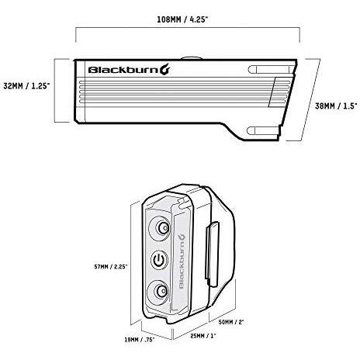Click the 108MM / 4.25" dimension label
(182, 19)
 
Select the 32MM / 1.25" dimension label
(26, 86)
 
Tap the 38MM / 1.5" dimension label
(336, 106)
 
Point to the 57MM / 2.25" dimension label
(111, 267)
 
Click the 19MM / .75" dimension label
(140, 340)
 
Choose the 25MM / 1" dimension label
(203, 336)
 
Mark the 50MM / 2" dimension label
(231, 322)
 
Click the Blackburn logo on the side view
(129, 70)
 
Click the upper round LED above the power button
(163, 228)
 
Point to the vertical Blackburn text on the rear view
(182, 261)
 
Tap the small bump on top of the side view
(192, 58)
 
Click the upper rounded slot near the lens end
(271, 70)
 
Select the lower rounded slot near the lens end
(264, 131)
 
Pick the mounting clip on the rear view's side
(213, 254)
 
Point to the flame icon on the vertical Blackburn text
(182, 239)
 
